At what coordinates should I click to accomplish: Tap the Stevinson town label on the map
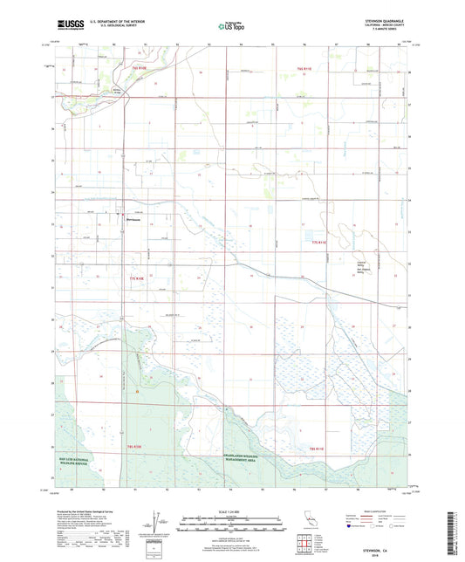tap(132, 219)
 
